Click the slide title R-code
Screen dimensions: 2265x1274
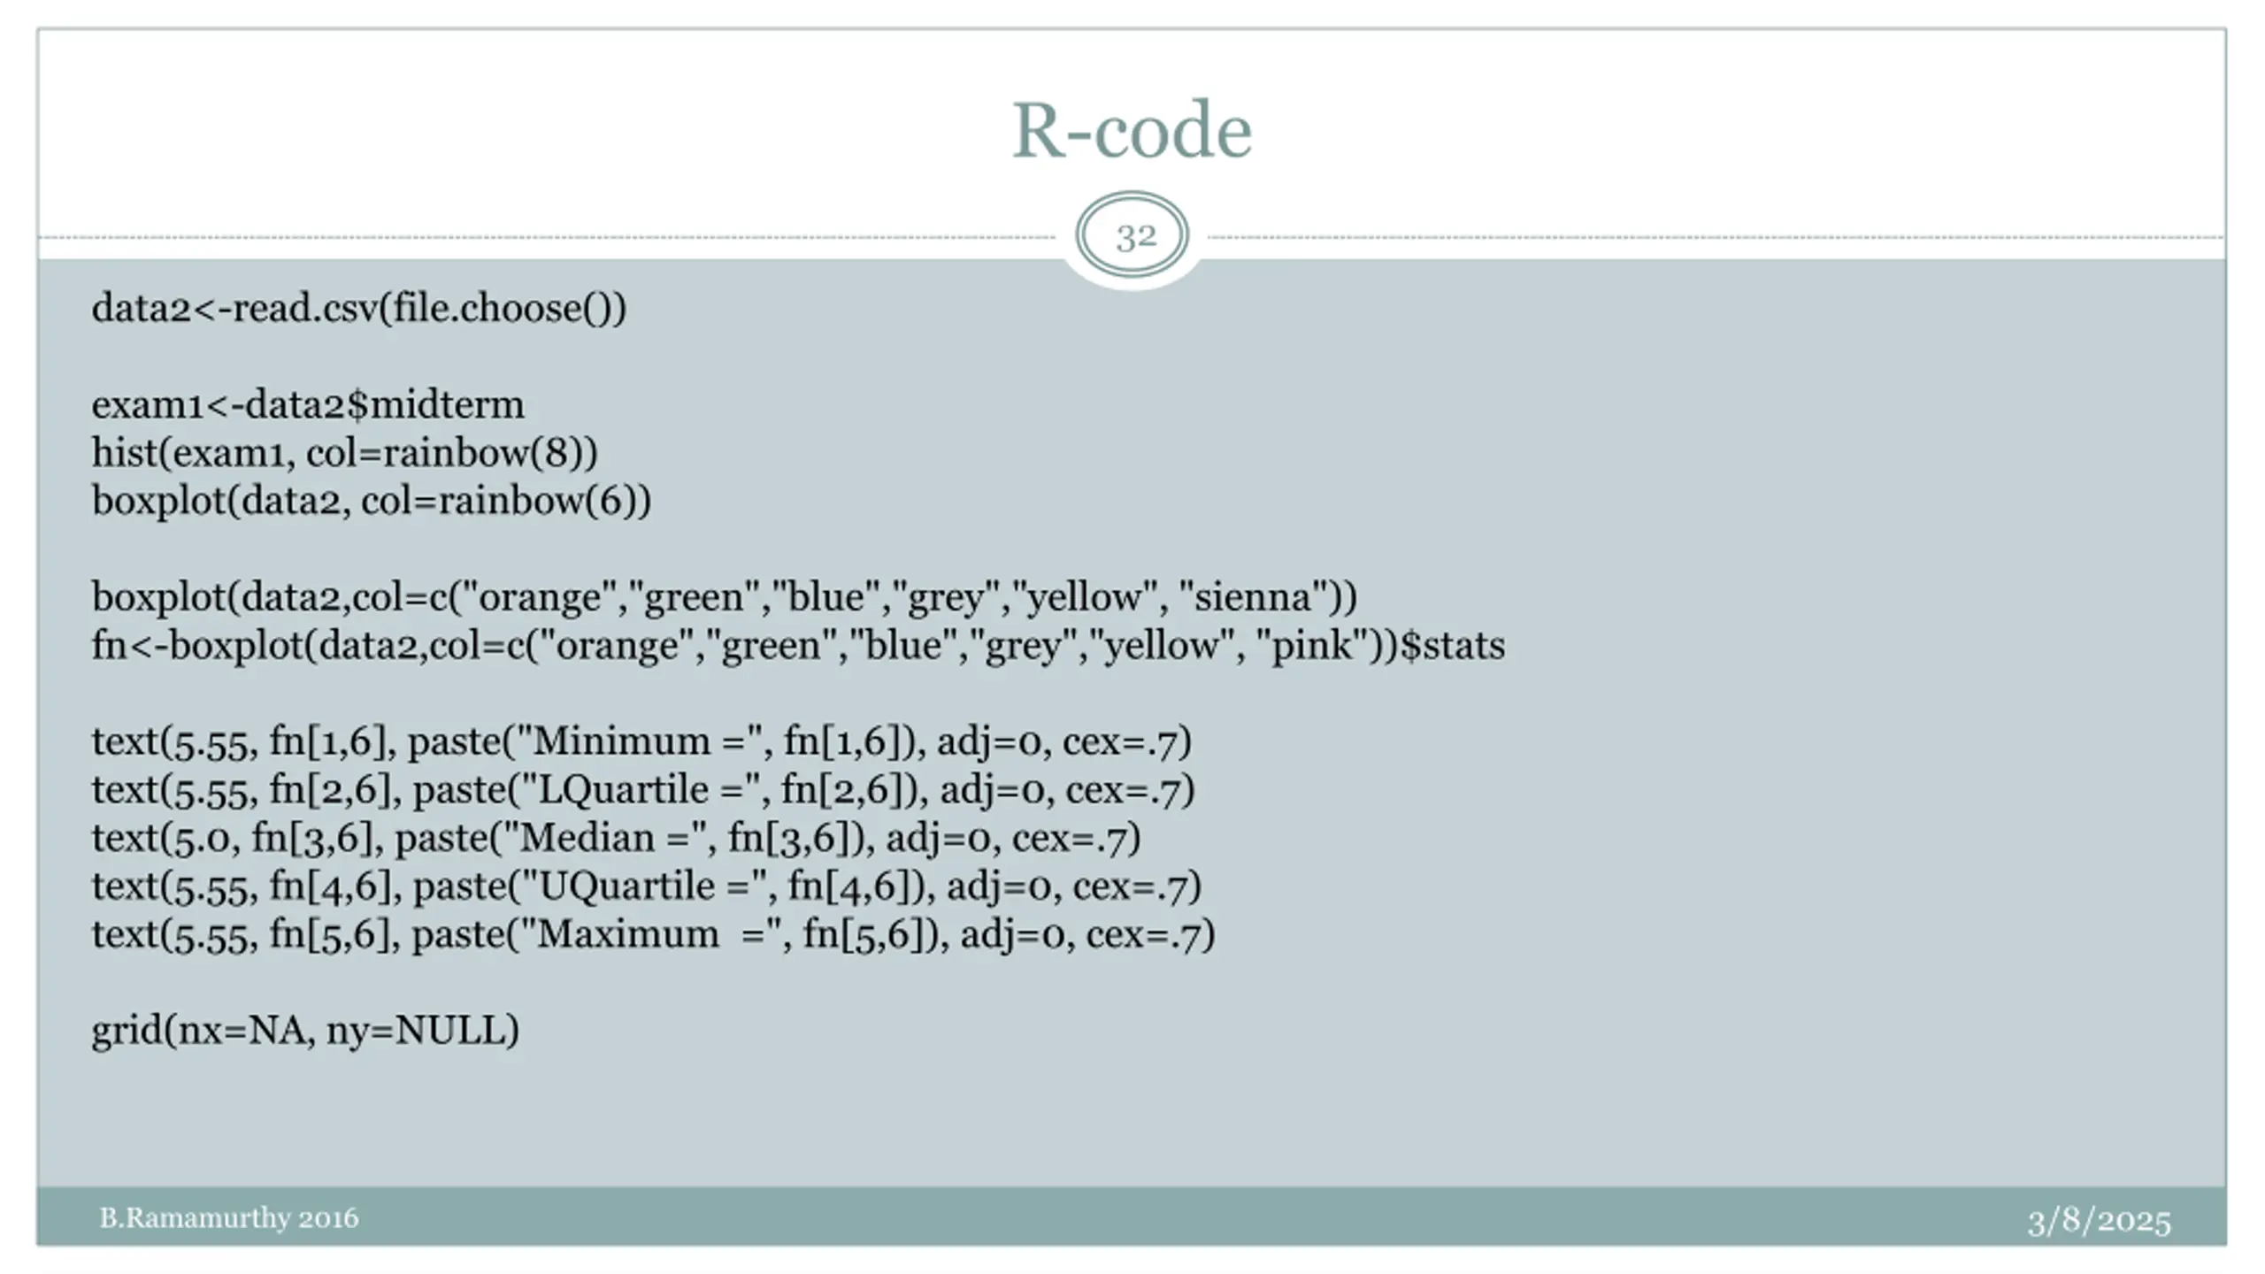(1132, 131)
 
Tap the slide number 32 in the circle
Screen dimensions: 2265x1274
(1135, 236)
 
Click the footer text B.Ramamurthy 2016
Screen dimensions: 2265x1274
(228, 1218)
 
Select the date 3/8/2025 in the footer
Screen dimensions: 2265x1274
(2099, 1222)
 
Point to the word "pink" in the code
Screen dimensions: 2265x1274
(1313, 646)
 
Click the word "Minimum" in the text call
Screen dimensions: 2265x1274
(621, 741)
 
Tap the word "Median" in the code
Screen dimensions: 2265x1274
(587, 838)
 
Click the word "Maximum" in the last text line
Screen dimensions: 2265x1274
(627, 934)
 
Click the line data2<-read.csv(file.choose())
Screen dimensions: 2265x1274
(359, 309)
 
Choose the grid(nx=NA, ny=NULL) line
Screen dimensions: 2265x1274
(305, 1031)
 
